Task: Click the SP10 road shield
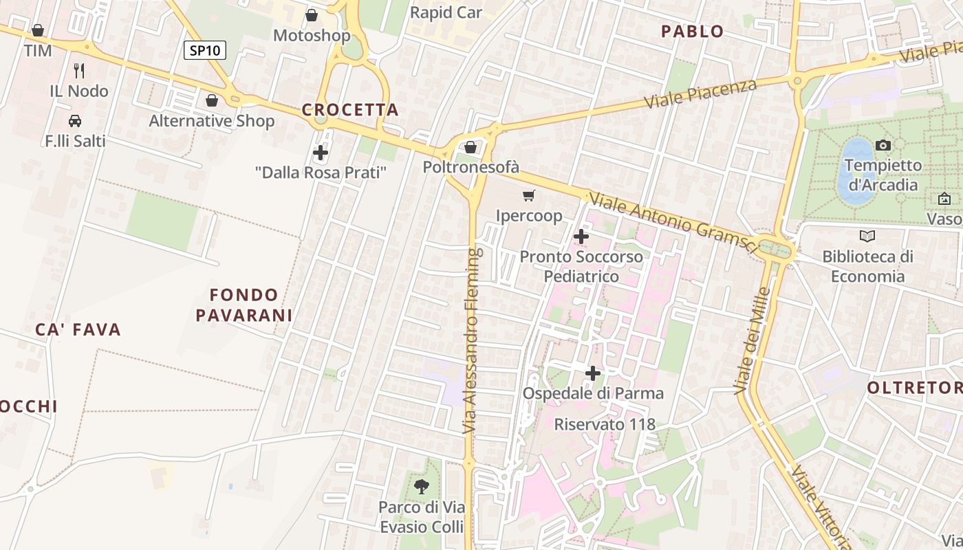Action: click(x=204, y=50)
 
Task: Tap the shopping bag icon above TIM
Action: click(x=38, y=31)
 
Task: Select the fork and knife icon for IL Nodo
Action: click(x=79, y=70)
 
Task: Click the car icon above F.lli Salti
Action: click(x=75, y=121)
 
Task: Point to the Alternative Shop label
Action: click(x=212, y=121)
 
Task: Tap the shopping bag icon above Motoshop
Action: click(x=312, y=15)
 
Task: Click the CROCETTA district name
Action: click(x=350, y=110)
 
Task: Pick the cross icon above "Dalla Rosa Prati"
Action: click(x=321, y=153)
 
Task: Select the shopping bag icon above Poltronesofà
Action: click(x=470, y=147)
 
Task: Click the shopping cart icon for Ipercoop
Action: click(x=529, y=196)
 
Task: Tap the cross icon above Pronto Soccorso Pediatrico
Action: click(x=581, y=237)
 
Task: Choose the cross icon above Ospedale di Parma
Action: click(x=593, y=374)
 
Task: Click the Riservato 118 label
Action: click(x=605, y=424)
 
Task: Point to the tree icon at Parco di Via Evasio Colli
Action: click(x=422, y=487)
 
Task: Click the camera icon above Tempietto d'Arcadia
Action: click(x=883, y=145)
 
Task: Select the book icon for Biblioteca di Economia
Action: click(x=868, y=236)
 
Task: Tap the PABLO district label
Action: click(x=692, y=32)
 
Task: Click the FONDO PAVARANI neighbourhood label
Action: click(x=244, y=305)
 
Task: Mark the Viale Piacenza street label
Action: click(x=700, y=93)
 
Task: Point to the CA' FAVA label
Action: click(x=78, y=330)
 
